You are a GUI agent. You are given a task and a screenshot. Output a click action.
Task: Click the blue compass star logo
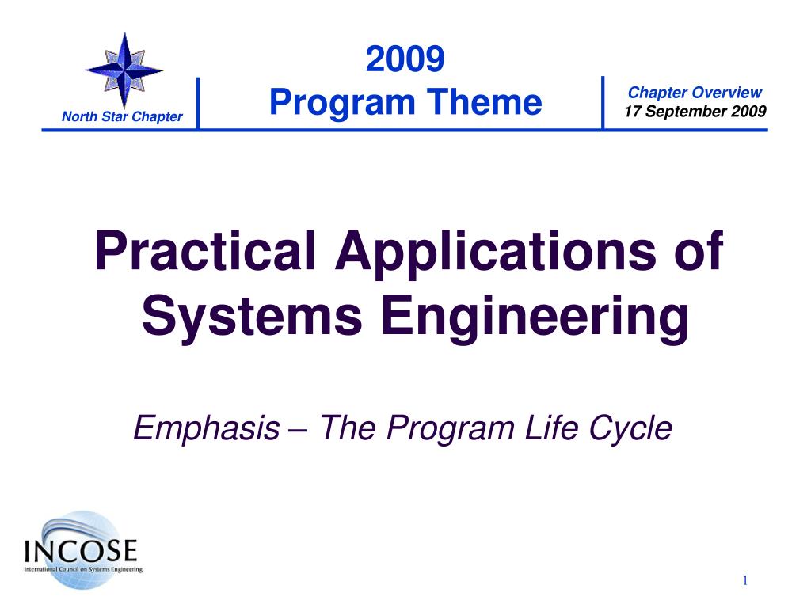click(x=124, y=70)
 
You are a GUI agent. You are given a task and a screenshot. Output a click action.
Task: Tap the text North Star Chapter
click(x=122, y=116)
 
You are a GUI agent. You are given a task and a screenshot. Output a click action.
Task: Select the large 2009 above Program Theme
click(x=405, y=59)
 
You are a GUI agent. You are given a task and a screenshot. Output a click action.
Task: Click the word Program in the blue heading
click(x=342, y=102)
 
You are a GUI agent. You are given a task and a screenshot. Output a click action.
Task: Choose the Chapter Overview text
click(x=695, y=93)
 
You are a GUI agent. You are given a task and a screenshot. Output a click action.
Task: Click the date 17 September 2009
click(x=695, y=111)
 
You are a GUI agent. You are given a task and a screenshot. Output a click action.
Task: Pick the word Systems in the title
click(x=252, y=315)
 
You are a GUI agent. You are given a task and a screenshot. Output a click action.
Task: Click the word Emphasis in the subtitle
click(x=207, y=428)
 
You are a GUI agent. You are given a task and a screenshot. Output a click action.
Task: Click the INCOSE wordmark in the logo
click(x=81, y=550)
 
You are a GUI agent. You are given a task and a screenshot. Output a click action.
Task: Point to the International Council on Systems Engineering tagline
click(x=83, y=569)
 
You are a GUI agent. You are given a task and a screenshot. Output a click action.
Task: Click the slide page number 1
click(x=744, y=580)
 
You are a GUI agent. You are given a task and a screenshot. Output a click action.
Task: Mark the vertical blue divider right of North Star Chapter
click(x=198, y=103)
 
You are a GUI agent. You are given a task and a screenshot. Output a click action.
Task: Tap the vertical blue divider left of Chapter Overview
click(x=603, y=102)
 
